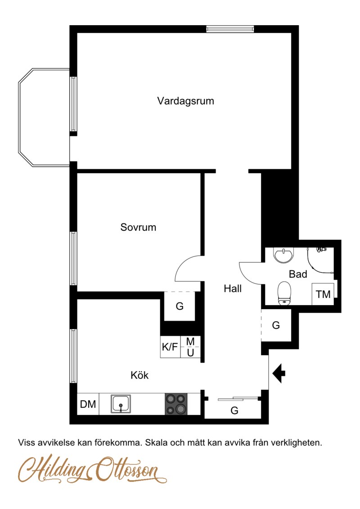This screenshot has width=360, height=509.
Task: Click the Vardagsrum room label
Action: (x=186, y=101)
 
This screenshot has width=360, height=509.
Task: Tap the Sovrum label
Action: (x=138, y=227)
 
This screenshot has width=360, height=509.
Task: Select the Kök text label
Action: (x=139, y=375)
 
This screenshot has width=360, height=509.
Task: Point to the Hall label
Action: (x=233, y=288)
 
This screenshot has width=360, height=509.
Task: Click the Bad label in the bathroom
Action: (x=298, y=274)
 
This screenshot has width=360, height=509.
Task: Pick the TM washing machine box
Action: (x=323, y=294)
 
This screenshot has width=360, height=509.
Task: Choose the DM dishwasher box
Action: (x=88, y=404)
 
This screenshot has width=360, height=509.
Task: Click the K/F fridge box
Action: (x=170, y=347)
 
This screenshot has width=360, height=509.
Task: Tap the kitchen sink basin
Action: (x=121, y=404)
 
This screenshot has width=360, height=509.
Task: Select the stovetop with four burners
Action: (x=176, y=404)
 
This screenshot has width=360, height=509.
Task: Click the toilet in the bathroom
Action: (x=284, y=293)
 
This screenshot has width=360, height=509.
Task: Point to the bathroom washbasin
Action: (x=284, y=255)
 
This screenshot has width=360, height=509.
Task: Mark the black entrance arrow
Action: (x=279, y=373)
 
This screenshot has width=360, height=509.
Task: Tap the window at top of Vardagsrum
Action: (x=230, y=29)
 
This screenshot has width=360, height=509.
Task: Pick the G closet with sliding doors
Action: (x=234, y=410)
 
